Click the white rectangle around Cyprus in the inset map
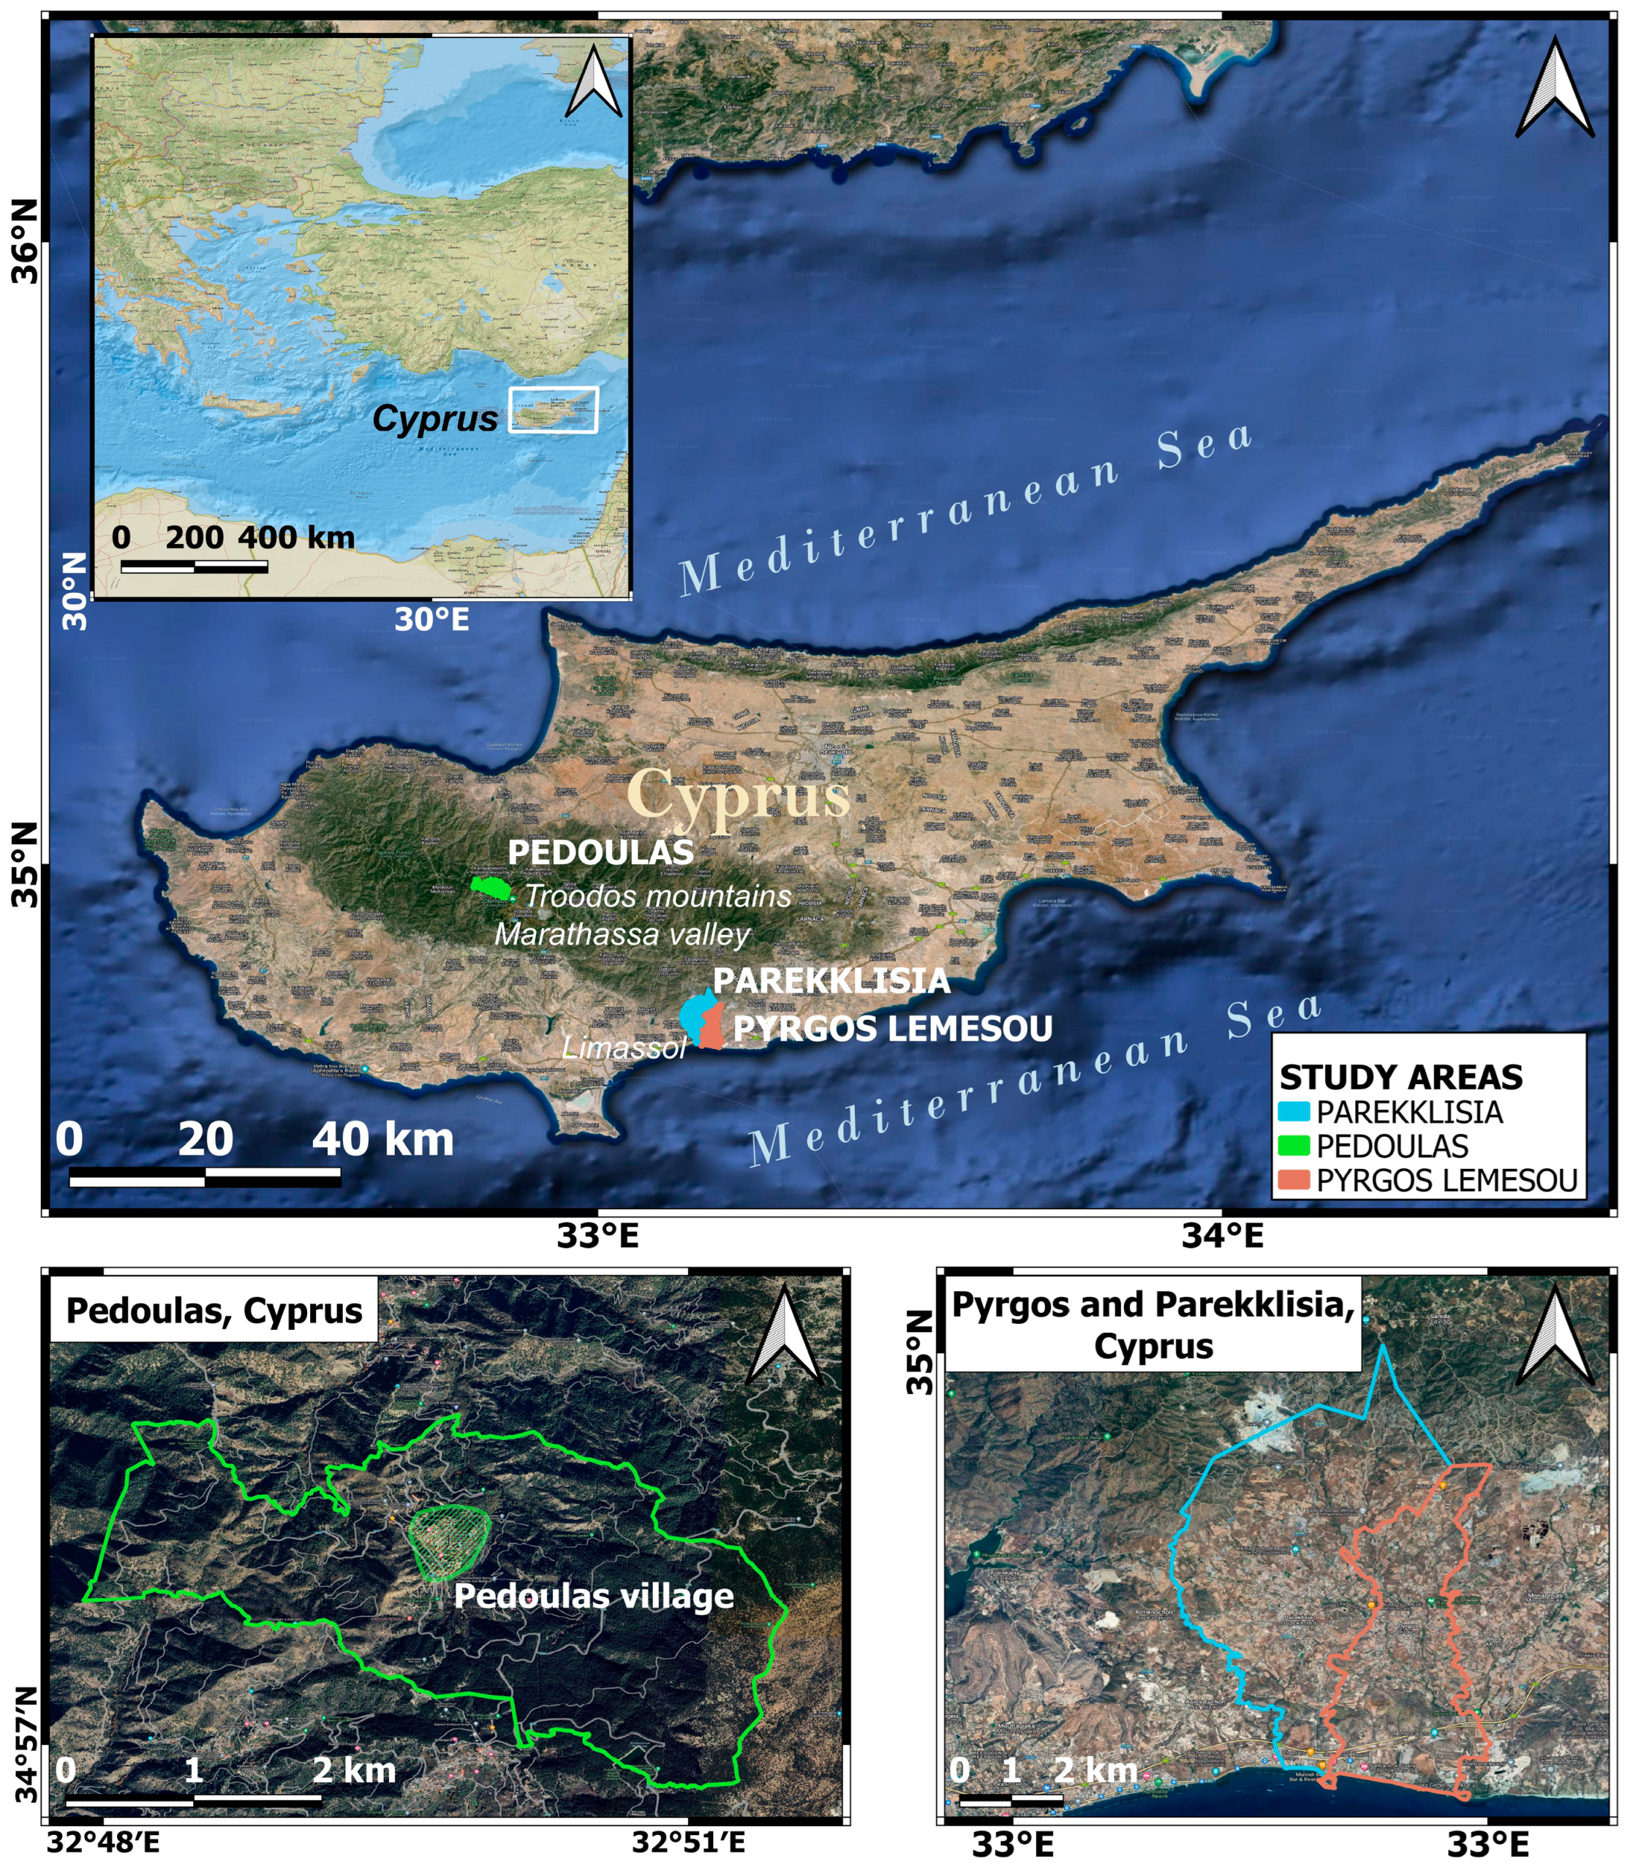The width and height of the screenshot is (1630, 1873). (x=553, y=409)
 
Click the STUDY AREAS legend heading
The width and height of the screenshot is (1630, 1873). (x=1401, y=1078)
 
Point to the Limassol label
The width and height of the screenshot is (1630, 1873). (x=624, y=1048)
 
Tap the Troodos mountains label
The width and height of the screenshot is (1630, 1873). (x=657, y=896)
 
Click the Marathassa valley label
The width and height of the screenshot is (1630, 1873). (x=622, y=935)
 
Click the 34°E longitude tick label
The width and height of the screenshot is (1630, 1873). (x=1222, y=1236)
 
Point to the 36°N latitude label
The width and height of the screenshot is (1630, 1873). (x=26, y=241)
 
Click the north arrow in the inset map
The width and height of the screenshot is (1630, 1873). (x=594, y=82)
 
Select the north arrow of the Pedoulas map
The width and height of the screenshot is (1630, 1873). (x=784, y=1336)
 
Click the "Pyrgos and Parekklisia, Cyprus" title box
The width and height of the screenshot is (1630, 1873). (x=1152, y=1325)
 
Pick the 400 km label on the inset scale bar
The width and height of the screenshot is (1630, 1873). (x=296, y=537)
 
